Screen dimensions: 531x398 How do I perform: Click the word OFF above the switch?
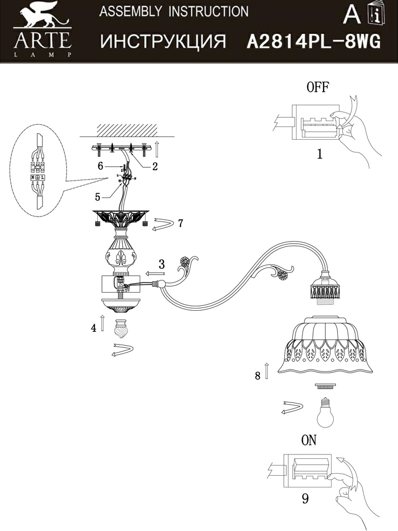coord(318,88)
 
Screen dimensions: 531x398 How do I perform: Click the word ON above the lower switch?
coord(309,440)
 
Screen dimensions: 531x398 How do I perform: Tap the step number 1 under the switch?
coord(319,155)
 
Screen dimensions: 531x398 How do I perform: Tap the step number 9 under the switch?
coord(304,498)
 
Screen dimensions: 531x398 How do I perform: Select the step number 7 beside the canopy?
coord(181,223)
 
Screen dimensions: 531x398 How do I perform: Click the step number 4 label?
coord(94,328)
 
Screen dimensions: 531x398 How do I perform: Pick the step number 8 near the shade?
coord(258,375)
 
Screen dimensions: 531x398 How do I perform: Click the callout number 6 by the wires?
coord(99,166)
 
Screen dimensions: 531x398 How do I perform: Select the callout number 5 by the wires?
coord(97,196)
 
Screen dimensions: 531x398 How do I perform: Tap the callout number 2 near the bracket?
coord(155,166)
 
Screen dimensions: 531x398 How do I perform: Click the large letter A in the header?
coord(352,15)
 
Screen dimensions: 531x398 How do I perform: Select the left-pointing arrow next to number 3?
coord(155,274)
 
